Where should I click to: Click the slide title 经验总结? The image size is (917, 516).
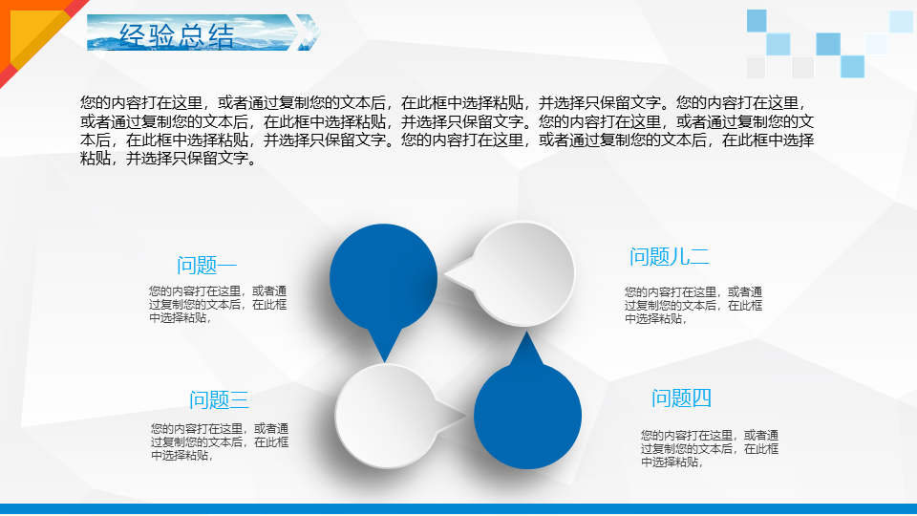177,35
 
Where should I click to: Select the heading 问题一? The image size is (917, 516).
206,266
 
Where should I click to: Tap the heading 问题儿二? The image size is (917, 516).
669,257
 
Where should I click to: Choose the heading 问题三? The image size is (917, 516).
219,400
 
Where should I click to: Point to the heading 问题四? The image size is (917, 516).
681,398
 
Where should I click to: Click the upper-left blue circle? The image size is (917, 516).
384,278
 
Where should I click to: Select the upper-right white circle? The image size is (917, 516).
523,273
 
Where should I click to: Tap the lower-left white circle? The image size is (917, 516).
387,416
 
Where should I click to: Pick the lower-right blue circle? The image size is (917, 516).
527,416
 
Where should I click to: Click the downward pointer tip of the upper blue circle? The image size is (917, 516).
384,362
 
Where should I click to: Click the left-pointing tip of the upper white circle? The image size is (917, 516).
445,273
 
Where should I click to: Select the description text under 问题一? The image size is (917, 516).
218,304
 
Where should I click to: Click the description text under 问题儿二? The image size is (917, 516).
693,306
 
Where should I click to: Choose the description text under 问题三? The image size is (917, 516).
220,441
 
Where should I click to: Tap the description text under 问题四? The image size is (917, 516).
710,449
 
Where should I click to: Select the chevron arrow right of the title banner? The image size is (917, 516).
307,32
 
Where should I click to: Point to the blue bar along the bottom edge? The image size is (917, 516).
458,509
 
